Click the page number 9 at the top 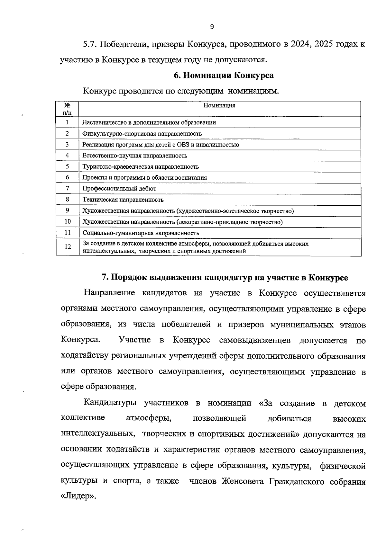[x=212, y=27]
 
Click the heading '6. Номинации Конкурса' [x=224, y=76]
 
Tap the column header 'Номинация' [x=219, y=106]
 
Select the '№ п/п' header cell [x=67, y=109]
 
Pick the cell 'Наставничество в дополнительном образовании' [x=149, y=122]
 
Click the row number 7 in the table [x=67, y=188]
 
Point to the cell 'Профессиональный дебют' [x=119, y=189]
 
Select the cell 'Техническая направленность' [x=123, y=200]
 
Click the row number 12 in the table [x=68, y=247]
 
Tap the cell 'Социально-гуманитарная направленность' [x=141, y=233]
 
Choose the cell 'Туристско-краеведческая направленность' [x=141, y=167]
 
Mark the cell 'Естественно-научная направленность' [x=134, y=156]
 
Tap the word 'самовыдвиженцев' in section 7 [x=255, y=340]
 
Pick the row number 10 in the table [x=68, y=222]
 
